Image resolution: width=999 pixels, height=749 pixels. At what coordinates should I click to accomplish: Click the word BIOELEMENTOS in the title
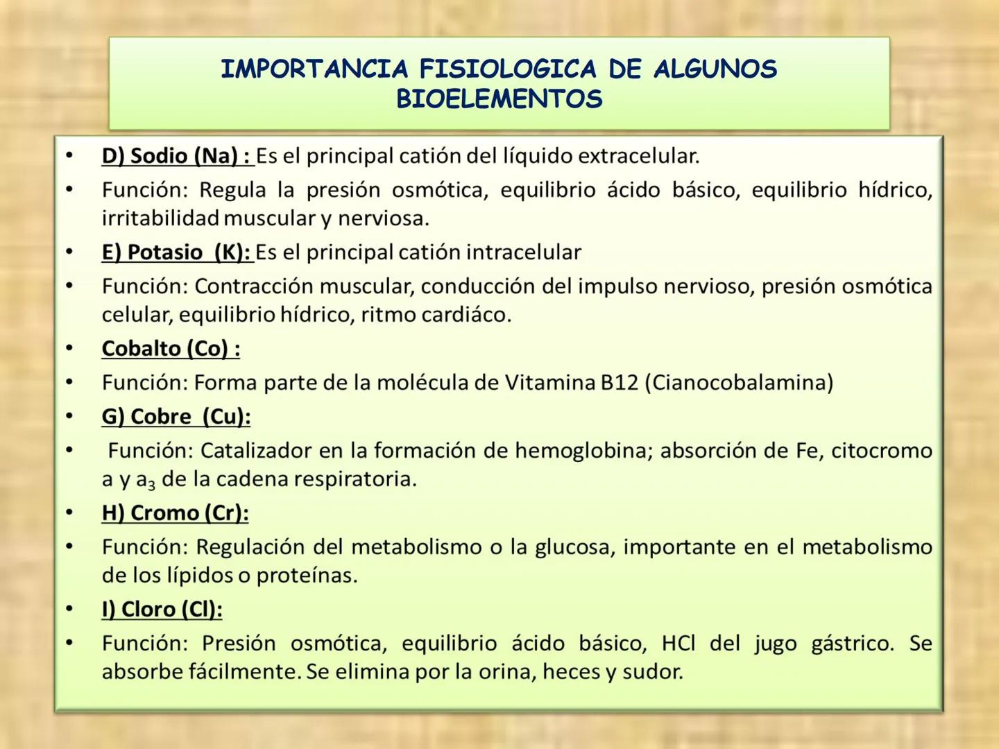499,99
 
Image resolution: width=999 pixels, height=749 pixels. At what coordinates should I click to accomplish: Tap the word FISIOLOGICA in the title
507,69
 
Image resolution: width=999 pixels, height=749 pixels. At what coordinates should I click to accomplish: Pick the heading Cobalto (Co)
171,348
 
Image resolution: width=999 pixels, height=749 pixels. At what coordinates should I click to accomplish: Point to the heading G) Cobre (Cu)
176,417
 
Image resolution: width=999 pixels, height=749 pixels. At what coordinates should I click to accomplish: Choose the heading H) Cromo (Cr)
175,513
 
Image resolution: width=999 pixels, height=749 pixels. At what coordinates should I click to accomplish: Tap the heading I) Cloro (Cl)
162,610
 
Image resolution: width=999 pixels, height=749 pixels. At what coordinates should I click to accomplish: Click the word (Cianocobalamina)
739,383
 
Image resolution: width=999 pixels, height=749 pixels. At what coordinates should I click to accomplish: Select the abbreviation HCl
678,644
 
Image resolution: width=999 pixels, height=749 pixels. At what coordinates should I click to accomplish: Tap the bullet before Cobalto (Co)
69,348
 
